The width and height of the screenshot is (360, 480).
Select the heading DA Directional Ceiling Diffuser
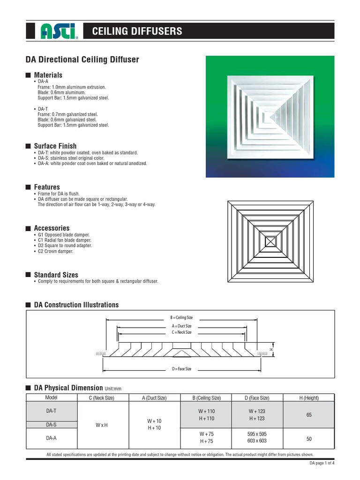[82, 60]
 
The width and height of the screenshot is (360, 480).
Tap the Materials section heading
[48, 75]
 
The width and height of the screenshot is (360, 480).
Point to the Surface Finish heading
[55, 146]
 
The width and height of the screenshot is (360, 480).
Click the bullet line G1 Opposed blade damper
[63, 234]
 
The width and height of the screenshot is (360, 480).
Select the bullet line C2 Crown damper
[55, 251]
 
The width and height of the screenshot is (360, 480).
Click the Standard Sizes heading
[56, 275]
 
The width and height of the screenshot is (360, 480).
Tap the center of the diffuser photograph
[270, 117]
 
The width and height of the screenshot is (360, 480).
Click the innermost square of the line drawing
[270, 242]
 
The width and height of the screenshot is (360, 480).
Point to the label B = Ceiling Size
[182, 318]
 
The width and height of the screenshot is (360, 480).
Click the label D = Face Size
[182, 369]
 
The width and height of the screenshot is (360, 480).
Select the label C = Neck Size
[182, 332]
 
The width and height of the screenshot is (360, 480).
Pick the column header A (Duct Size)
[154, 398]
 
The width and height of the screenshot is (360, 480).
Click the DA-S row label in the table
[51, 424]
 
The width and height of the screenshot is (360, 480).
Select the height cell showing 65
[309, 414]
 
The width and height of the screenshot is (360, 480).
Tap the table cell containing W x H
[102, 425]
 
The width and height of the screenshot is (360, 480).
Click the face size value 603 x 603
[256, 441]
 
